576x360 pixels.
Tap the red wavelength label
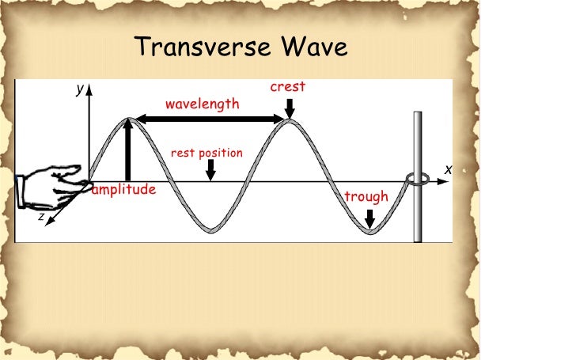point(202,104)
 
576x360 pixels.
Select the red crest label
point(287,87)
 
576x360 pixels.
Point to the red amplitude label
point(124,190)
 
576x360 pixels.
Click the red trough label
point(366,196)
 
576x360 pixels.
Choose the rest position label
point(207,153)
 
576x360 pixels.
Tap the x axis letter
point(448,169)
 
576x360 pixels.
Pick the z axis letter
point(41,216)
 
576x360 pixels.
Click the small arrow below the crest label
point(290,106)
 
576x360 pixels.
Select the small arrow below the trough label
point(369,216)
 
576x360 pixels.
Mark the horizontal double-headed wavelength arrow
point(209,119)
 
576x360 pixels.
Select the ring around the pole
point(417,180)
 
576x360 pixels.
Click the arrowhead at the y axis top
point(89,89)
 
